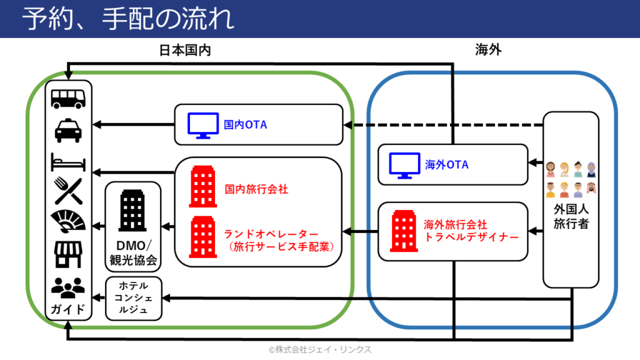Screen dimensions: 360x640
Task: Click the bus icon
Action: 68,98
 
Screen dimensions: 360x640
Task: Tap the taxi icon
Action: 68,129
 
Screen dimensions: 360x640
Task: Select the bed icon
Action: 68,163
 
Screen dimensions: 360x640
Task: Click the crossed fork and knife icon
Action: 68,191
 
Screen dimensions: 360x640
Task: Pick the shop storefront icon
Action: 68,254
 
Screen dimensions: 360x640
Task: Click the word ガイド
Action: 68,309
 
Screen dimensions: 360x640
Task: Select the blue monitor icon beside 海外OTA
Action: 404,165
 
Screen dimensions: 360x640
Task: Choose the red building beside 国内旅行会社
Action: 203,187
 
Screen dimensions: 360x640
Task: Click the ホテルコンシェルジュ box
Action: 134,298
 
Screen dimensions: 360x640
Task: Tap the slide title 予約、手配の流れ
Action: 127,19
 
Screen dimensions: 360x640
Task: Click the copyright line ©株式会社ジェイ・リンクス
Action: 320,350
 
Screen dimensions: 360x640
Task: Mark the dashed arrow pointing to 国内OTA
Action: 444,125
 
